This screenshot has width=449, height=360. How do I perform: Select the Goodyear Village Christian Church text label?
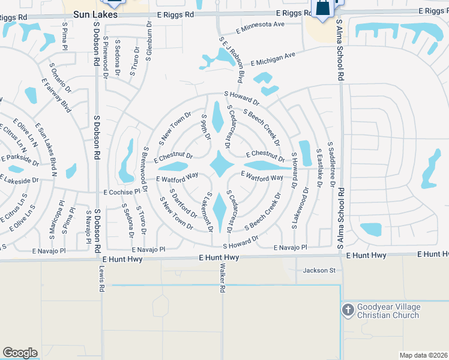coord(389,311)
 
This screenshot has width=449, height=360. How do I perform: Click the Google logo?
coord(20,353)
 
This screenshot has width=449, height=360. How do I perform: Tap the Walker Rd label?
coord(222,277)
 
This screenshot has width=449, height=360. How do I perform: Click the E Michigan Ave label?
coord(273,59)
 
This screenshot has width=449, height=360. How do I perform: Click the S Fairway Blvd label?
coord(57,97)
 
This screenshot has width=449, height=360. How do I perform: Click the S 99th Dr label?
coord(206,127)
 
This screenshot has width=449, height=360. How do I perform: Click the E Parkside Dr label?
coord(20,160)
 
